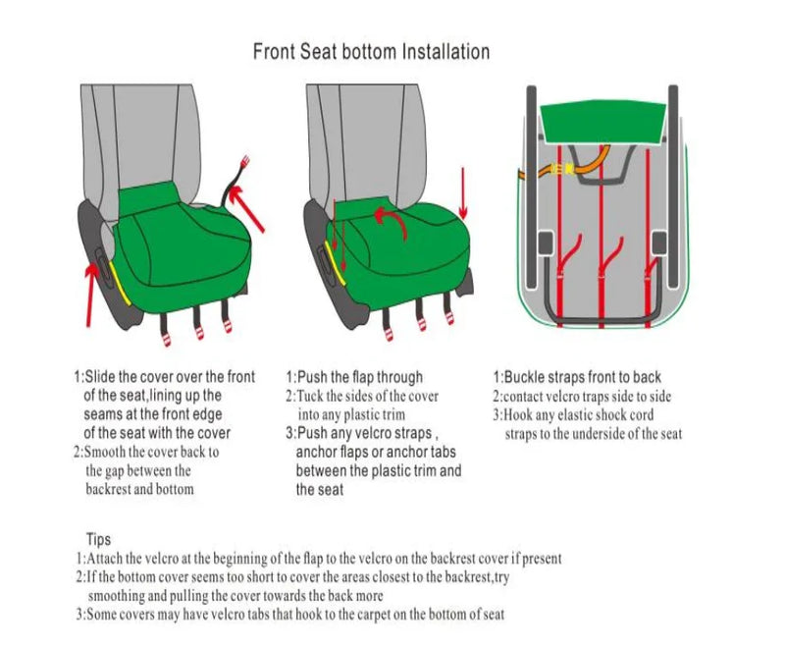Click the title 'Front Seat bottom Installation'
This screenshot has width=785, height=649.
[x=371, y=51]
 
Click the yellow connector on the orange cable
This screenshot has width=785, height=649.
[x=561, y=169]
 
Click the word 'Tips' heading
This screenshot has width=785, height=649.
[x=99, y=539]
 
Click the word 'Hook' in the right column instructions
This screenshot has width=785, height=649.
[x=522, y=415]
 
